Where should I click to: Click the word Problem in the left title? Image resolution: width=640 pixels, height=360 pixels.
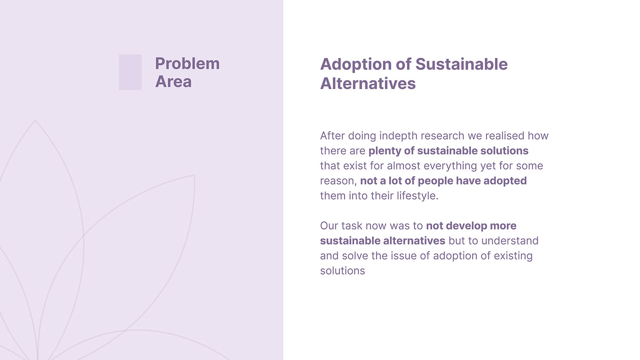point(187,64)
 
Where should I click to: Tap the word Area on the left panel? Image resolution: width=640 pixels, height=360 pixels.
point(173,82)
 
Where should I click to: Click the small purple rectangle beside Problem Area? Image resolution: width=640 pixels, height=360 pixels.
point(130,72)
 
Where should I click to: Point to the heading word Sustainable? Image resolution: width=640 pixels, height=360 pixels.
point(461,64)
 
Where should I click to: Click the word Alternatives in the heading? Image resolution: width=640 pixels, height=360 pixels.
point(368,84)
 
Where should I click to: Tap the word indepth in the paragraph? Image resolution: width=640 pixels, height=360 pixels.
point(398,136)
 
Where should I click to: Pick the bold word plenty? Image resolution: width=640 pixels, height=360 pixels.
point(384,151)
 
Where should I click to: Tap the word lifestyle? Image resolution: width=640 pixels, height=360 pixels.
point(417,196)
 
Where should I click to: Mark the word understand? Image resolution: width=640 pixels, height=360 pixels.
point(510,241)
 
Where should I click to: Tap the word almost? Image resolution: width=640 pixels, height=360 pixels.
point(404,166)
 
